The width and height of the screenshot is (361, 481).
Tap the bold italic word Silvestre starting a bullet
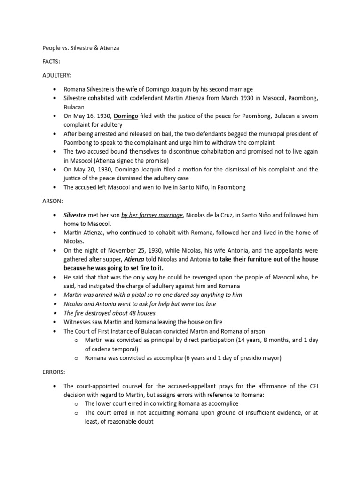coord(78,215)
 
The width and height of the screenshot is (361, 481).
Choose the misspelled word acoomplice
coord(220,403)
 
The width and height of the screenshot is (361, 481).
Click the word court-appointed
coord(99,386)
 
